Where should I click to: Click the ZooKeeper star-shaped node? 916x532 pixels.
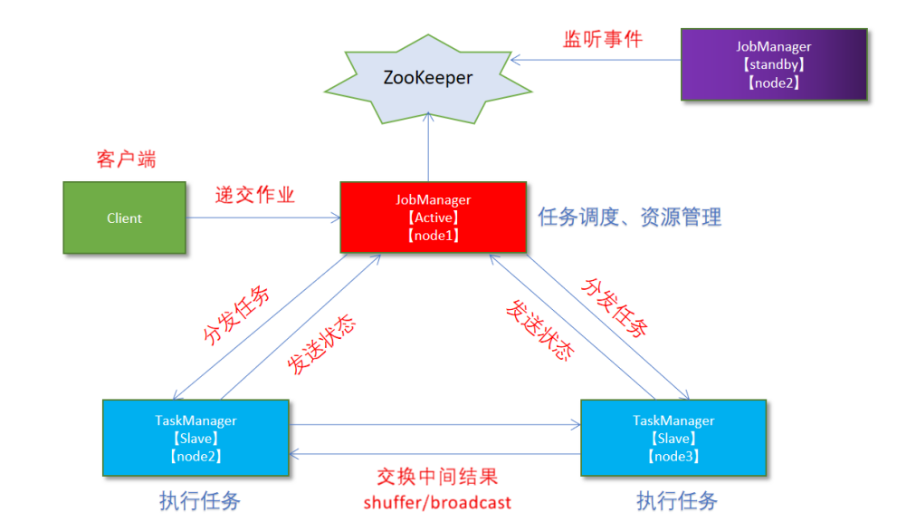pyautogui.click(x=427, y=78)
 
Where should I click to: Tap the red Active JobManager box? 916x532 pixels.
pyautogui.click(x=433, y=218)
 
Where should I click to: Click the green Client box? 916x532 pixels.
pyautogui.click(x=124, y=218)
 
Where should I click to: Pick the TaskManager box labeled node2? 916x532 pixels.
pyautogui.click(x=196, y=438)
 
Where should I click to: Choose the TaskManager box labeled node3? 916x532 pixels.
pyautogui.click(x=673, y=438)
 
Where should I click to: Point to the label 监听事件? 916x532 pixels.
pyautogui.click(x=603, y=39)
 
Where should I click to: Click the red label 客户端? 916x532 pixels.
pyautogui.click(x=126, y=160)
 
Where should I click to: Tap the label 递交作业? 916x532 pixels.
pyautogui.click(x=255, y=195)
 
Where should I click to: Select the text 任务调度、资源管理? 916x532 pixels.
pyautogui.click(x=630, y=218)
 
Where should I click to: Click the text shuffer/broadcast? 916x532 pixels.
pyautogui.click(x=437, y=502)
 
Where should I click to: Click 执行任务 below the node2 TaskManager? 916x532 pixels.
pyautogui.click(x=200, y=500)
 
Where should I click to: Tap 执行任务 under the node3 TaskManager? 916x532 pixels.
pyautogui.click(x=677, y=500)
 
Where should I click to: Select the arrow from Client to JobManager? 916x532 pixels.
pyautogui.click(x=262, y=218)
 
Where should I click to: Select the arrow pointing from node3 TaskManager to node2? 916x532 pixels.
pyautogui.click(x=434, y=454)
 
